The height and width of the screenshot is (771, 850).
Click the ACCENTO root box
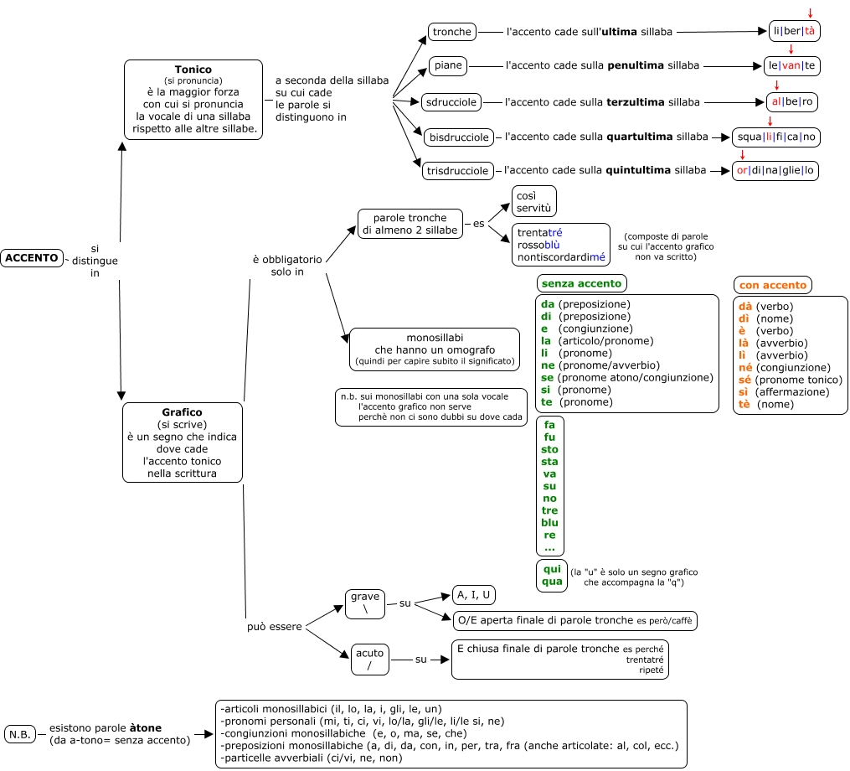[32, 258]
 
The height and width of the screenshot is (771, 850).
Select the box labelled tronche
[452, 32]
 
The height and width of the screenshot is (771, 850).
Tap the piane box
[449, 65]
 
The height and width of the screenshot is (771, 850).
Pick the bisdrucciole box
[457, 137]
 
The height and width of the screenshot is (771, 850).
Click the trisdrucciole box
[457, 171]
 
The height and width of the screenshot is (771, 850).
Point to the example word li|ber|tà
[793, 32]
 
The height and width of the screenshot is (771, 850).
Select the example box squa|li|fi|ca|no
[775, 137]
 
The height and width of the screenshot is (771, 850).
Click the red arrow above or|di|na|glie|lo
[743, 154]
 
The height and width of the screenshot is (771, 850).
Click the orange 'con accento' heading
[773, 285]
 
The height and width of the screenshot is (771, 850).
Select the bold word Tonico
[193, 70]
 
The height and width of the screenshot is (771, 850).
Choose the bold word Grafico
[182, 412]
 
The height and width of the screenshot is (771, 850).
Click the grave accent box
[365, 603]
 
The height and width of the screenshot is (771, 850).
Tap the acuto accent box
[369, 660]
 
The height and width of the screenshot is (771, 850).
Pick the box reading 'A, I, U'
[473, 595]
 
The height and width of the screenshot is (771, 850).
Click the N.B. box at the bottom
[20, 734]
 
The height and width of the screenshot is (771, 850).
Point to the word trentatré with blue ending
[539, 232]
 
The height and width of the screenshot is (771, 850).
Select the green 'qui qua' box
[551, 575]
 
